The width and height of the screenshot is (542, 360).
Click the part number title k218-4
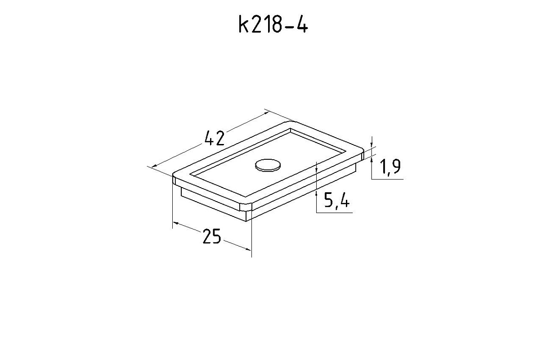click(273, 24)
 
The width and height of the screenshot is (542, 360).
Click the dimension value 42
click(215, 138)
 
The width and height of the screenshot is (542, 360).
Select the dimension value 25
click(212, 236)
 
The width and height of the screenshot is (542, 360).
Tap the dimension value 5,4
click(336, 200)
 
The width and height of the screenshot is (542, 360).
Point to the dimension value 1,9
click(390, 167)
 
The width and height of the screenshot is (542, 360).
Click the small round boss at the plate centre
click(268, 165)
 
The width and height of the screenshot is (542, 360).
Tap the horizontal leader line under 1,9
click(387, 179)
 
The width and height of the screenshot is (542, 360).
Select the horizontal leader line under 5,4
click(334, 213)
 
